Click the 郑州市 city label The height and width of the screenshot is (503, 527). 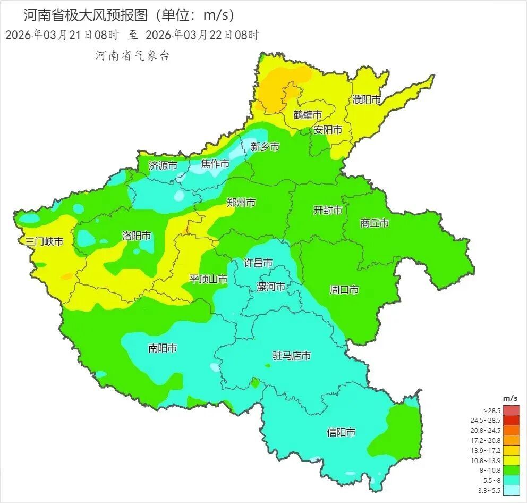(241, 203)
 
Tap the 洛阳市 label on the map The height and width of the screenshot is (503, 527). (137, 236)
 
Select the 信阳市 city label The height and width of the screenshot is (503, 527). (341, 432)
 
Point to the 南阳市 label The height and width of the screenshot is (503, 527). (163, 348)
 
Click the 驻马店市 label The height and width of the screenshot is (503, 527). (291, 356)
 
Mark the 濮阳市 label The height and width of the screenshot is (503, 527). (367, 99)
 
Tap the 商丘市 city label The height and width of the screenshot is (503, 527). (375, 223)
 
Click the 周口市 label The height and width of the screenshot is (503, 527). (344, 290)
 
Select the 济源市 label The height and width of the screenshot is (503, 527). (163, 165)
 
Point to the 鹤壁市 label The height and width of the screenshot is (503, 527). (308, 115)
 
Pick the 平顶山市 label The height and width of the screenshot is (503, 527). (209, 279)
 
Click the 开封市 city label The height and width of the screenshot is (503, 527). (327, 211)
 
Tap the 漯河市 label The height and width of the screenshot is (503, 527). (271, 287)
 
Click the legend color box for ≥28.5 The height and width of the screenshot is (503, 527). (512, 410)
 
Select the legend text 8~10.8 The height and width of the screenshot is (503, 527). (487, 470)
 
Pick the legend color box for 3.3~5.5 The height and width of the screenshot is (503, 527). (512, 490)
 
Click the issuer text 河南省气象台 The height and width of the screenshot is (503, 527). (132, 56)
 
